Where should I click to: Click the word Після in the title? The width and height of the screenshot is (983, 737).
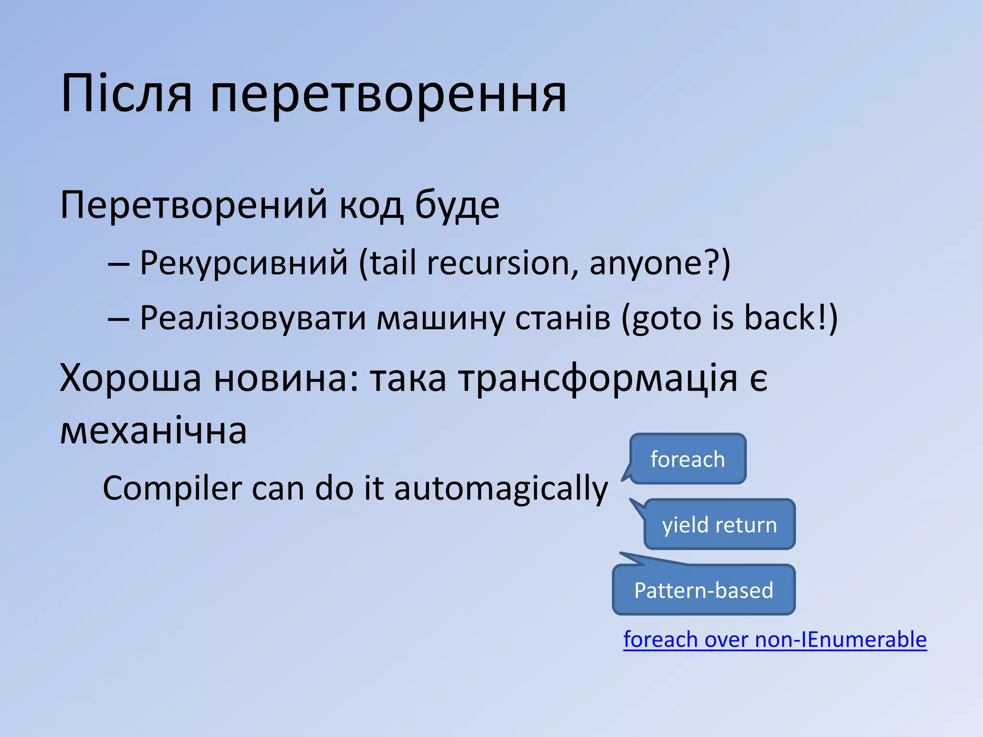click(126, 94)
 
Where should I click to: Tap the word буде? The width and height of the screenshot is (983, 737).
click(456, 205)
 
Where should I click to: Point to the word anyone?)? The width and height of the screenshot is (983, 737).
click(659, 264)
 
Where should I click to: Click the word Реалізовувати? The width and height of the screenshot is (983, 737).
click(253, 318)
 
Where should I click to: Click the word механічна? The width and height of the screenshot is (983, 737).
click(153, 430)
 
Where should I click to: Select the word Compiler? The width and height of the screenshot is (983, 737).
click(172, 488)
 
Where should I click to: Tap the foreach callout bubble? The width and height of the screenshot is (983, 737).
click(687, 459)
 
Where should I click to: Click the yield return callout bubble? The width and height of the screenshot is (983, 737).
click(719, 524)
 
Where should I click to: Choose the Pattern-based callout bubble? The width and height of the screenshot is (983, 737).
click(704, 590)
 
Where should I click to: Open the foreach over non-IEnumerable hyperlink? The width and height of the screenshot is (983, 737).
click(775, 640)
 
